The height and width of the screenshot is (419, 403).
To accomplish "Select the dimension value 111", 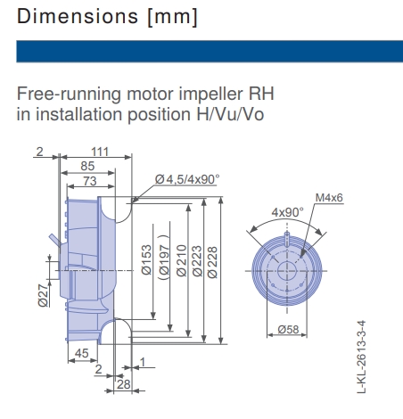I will [100, 152].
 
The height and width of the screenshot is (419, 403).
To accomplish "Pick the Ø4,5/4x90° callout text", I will [186, 179].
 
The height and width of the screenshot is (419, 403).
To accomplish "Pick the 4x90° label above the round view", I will [287, 212].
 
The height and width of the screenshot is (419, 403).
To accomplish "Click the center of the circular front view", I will [287, 269].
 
